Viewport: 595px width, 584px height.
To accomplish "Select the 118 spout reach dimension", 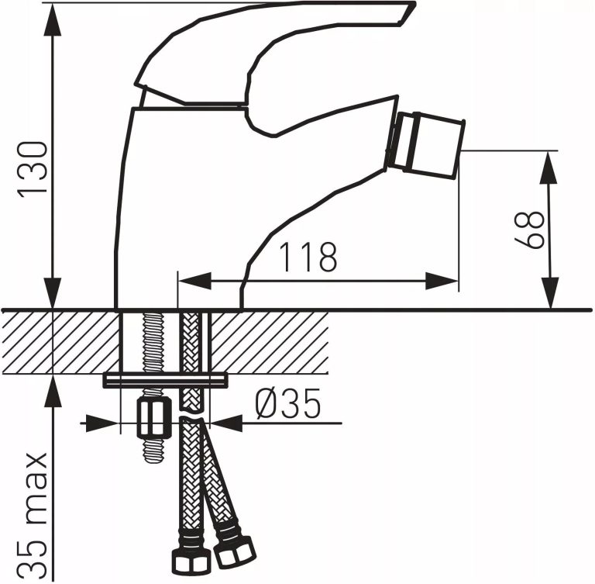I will [308, 257].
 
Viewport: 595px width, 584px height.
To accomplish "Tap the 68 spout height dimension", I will [530, 229].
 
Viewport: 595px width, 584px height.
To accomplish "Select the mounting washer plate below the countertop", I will [166, 380].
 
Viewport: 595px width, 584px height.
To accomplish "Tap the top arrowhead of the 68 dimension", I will [549, 164].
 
